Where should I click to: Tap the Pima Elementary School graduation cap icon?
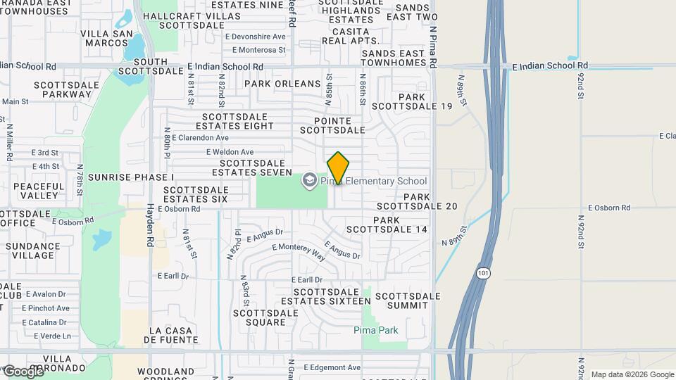coord(308,181)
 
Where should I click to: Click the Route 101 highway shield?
coord(482,272)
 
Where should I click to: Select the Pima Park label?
coord(376,330)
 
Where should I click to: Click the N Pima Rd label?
coord(434,48)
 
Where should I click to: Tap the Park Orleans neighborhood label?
coord(282,84)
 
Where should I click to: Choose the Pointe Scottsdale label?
coord(332,125)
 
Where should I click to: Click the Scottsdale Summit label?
coord(408,300)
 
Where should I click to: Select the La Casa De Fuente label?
coord(174,334)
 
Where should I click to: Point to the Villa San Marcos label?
coord(106,38)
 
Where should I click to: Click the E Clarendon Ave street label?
coord(200,138)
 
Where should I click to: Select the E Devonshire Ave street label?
coord(255,37)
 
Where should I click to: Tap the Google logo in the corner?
coord(23,371)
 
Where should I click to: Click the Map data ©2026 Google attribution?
coord(632,374)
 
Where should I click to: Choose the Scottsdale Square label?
coord(260,317)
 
